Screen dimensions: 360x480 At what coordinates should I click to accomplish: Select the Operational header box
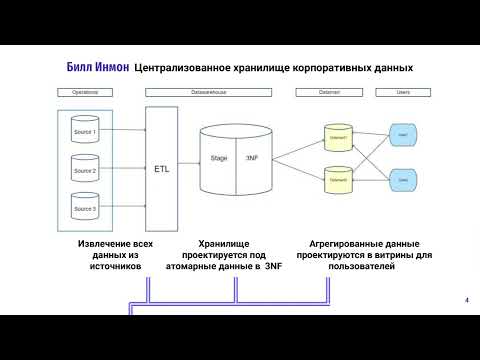(87, 92)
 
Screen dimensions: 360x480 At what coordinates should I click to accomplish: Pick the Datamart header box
(327, 92)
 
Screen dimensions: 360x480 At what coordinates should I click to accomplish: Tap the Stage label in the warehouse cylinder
(219, 159)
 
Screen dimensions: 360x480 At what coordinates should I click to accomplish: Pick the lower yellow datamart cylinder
(336, 181)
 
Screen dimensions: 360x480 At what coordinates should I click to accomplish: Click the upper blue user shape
(401, 134)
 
